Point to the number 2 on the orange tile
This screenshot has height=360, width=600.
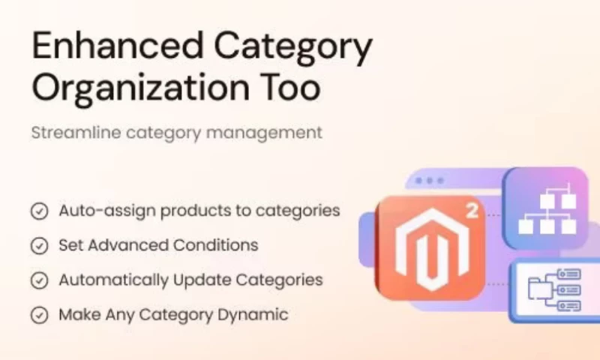pos(472,211)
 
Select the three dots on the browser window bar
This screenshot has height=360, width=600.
pos(429,181)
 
